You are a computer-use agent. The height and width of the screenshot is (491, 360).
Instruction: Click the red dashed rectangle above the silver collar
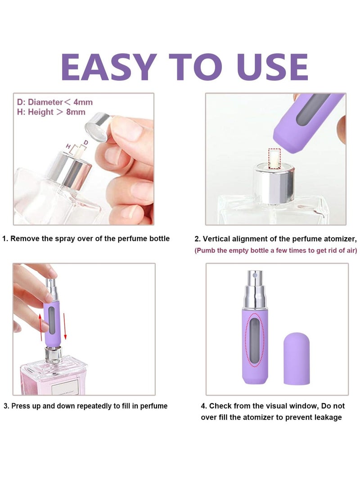point(274,155)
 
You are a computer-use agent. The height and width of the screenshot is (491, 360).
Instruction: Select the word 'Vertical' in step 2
point(219,239)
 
